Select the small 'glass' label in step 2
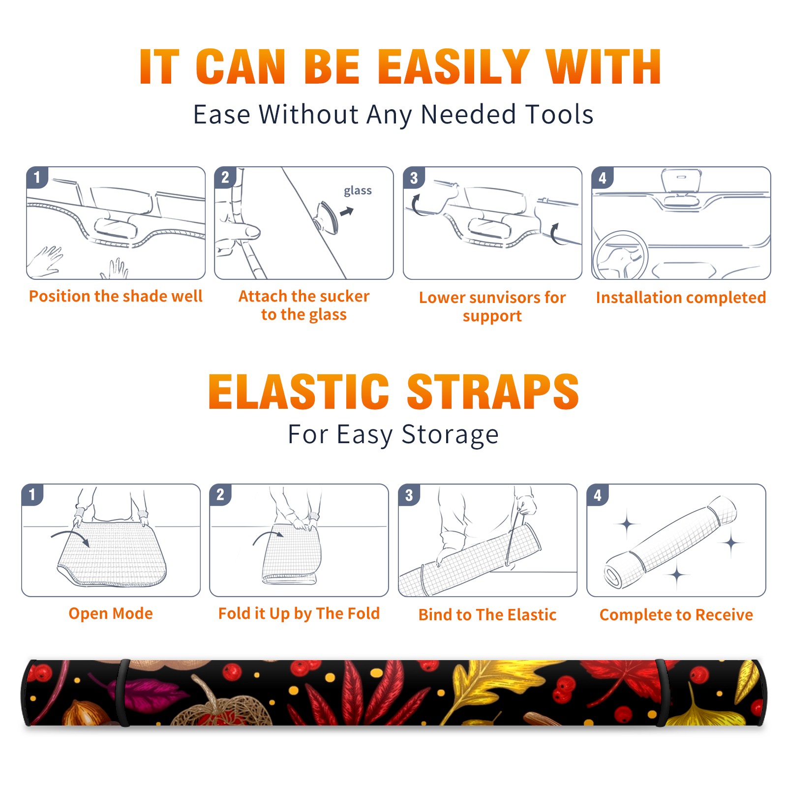click(358, 190)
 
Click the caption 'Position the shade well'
click(116, 296)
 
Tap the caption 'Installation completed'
click(681, 297)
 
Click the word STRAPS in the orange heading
click(493, 392)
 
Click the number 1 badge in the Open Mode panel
click(33, 495)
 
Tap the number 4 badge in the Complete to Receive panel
click(598, 495)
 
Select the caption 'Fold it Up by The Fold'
click(299, 613)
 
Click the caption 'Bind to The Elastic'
click(487, 615)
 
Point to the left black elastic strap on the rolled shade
click(122, 693)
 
